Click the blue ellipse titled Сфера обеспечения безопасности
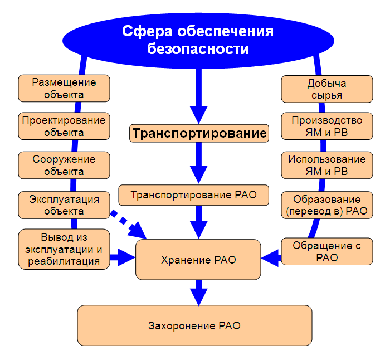click(x=198, y=41)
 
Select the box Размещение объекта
click(x=64, y=89)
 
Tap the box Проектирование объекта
click(x=64, y=126)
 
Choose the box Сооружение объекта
click(x=64, y=165)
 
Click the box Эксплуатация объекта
click(x=64, y=205)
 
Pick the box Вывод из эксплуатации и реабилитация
click(x=64, y=249)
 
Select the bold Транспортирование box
click(x=199, y=133)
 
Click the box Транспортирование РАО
click(x=194, y=195)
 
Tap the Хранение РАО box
click(x=198, y=260)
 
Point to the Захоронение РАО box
click(x=194, y=325)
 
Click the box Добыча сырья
click(x=327, y=89)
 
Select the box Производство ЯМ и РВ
click(x=327, y=126)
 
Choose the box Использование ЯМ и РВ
click(x=327, y=165)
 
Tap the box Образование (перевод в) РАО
click(x=327, y=205)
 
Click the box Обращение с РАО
click(x=327, y=251)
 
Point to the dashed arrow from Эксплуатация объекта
click(x=128, y=224)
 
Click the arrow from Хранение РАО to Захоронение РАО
click(x=199, y=293)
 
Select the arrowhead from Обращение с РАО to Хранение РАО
click(x=270, y=258)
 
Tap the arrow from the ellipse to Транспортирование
click(x=199, y=96)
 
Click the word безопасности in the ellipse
click(x=198, y=49)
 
